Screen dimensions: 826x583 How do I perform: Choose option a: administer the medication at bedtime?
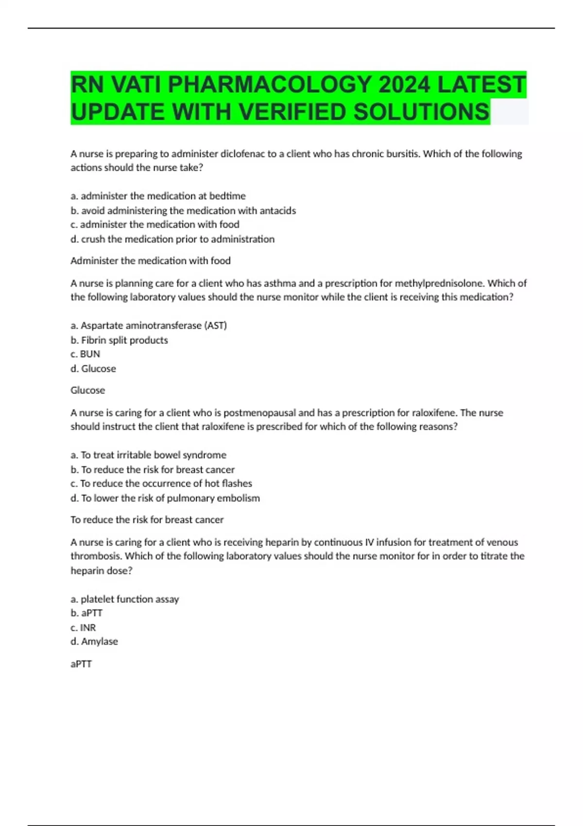[x=158, y=196]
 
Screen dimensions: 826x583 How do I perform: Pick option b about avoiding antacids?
[x=183, y=210]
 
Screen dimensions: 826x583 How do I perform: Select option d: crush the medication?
[x=172, y=239]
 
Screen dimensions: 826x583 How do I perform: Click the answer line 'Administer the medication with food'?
[x=151, y=260]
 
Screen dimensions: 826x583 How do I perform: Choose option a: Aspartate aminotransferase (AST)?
[x=149, y=326]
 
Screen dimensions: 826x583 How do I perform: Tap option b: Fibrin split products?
[x=119, y=340]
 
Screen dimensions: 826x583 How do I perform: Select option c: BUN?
[x=86, y=354]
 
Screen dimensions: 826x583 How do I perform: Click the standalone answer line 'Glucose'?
[x=87, y=390]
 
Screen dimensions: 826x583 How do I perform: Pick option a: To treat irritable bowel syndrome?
[x=148, y=455]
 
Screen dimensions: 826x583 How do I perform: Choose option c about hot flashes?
[x=161, y=483]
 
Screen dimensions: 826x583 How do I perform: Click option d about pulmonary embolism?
[x=165, y=498]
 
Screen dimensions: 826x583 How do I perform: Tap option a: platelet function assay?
[x=125, y=599]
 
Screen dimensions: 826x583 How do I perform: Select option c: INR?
[x=83, y=627]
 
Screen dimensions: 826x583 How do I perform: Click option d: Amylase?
[x=94, y=641]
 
